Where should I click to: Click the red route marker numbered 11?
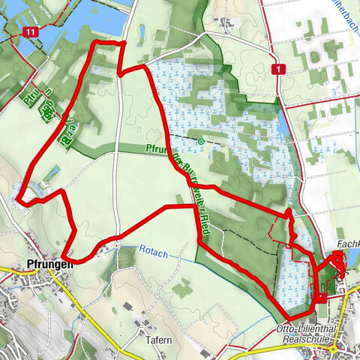[29, 32]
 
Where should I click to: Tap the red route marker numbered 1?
[280, 69]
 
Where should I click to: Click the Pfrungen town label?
[49, 264]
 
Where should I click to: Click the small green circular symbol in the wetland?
[201, 140]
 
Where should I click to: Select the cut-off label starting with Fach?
[349, 244]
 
